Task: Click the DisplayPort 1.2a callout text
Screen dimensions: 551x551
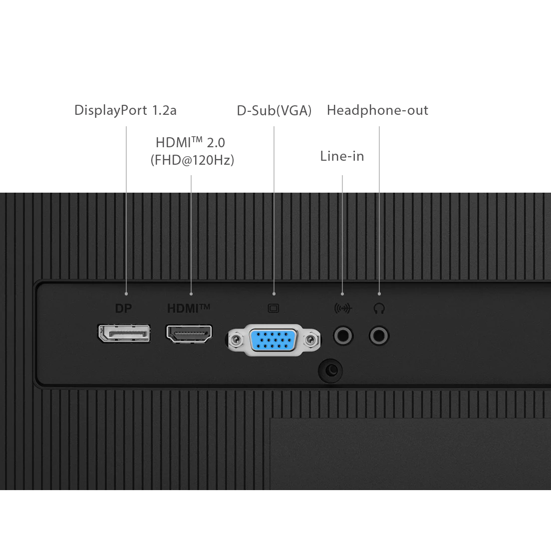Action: pyautogui.click(x=125, y=110)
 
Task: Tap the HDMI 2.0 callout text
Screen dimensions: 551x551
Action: pyautogui.click(x=190, y=142)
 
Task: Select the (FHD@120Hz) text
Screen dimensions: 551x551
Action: pyautogui.click(x=192, y=160)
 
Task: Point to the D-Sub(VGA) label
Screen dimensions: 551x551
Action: pyautogui.click(x=274, y=111)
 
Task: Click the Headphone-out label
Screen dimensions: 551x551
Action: pyautogui.click(x=377, y=110)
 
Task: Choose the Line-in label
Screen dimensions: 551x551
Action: pyautogui.click(x=342, y=156)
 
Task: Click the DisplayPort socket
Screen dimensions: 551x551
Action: pyautogui.click(x=124, y=333)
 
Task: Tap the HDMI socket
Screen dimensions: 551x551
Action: pyautogui.click(x=189, y=333)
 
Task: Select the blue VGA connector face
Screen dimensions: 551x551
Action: pyautogui.click(x=274, y=340)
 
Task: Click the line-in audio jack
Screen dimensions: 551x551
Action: pyautogui.click(x=342, y=335)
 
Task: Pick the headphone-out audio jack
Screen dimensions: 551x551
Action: pyautogui.click(x=379, y=335)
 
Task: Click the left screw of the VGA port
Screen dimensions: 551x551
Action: pyautogui.click(x=236, y=340)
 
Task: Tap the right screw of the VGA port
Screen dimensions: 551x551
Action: pyautogui.click(x=311, y=340)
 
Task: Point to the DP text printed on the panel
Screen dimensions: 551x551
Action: pyautogui.click(x=123, y=308)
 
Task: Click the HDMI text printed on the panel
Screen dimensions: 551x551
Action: pyautogui.click(x=189, y=308)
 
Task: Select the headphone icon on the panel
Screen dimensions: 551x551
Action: pyautogui.click(x=379, y=308)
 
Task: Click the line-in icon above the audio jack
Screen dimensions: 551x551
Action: pyautogui.click(x=342, y=308)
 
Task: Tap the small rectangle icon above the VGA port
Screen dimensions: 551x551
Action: pyautogui.click(x=274, y=308)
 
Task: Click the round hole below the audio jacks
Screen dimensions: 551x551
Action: pyautogui.click(x=330, y=370)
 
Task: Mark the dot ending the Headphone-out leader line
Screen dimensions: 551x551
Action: pyautogui.click(x=379, y=294)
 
